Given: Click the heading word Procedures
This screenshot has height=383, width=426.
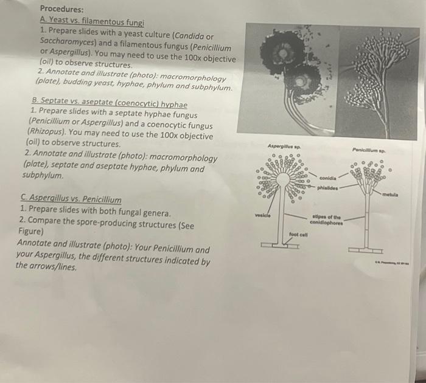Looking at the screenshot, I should (x=61, y=10).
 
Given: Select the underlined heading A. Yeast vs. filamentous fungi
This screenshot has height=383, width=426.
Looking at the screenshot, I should (x=91, y=22).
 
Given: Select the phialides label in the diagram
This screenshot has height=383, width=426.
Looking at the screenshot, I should (x=328, y=188).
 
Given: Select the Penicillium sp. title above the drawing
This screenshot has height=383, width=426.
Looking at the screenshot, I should (x=372, y=149).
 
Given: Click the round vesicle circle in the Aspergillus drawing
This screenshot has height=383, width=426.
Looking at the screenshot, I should (x=283, y=181).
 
